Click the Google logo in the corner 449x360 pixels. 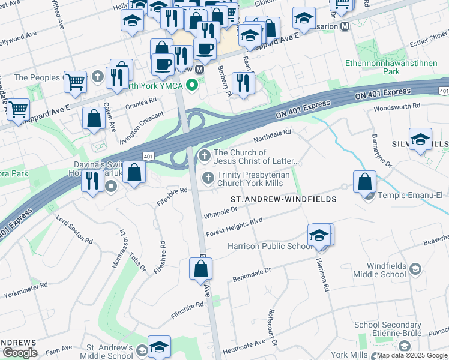click(20, 353)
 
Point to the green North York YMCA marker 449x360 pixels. click(192, 85)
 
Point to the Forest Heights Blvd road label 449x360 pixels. click(234, 227)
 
